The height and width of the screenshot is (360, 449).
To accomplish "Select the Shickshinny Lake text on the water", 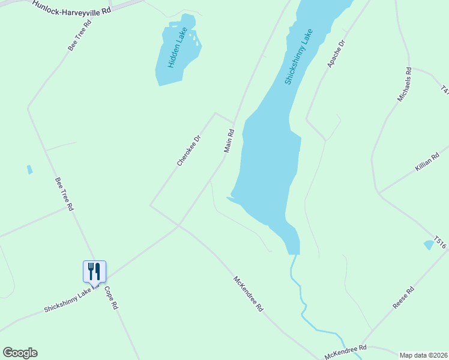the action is [x=298, y=56].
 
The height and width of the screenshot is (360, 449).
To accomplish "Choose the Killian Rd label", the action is [x=427, y=161].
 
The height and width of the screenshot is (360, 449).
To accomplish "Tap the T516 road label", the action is [x=441, y=242].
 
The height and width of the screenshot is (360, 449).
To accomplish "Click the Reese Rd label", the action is [x=403, y=298].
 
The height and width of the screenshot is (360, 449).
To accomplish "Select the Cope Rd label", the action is [x=112, y=297].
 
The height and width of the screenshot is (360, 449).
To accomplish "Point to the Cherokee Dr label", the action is [x=188, y=150].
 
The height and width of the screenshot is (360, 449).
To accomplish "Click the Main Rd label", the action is [x=229, y=140].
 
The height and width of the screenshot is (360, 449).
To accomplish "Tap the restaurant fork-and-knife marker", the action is [x=94, y=271].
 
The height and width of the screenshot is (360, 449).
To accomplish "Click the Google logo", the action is [x=20, y=353].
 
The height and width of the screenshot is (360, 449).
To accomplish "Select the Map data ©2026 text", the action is [x=424, y=355].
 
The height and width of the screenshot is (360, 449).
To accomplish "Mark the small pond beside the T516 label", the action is [x=428, y=244].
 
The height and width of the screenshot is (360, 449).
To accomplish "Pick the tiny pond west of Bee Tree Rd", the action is [x=29, y=170].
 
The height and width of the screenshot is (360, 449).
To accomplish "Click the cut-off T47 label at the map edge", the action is [x=444, y=90].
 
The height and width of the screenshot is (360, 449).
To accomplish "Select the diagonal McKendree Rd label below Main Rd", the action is [x=248, y=293].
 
